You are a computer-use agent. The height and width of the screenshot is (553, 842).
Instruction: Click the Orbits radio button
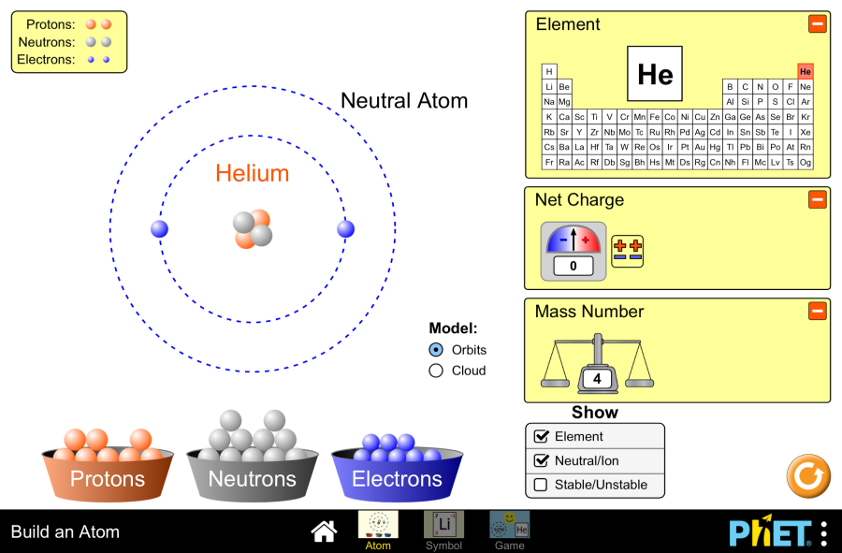click(436, 350)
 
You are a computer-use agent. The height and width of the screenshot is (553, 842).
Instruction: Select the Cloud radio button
click(436, 371)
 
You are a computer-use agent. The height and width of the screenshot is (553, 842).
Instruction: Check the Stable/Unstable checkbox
click(541, 485)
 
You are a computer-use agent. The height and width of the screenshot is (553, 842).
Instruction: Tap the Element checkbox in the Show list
click(541, 436)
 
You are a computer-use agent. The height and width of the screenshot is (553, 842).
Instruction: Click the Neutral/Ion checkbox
click(541, 460)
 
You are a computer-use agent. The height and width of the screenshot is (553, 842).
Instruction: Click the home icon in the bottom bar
click(324, 531)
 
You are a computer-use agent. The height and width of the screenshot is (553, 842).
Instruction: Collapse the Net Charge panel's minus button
click(818, 199)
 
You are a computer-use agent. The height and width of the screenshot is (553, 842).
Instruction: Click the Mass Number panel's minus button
click(818, 311)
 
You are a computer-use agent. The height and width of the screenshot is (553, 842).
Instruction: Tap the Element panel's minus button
click(818, 23)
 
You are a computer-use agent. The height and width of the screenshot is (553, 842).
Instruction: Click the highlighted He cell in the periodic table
click(806, 72)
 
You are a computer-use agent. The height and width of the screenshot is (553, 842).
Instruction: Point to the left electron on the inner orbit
click(159, 228)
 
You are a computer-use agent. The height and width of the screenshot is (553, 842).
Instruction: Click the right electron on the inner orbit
click(346, 228)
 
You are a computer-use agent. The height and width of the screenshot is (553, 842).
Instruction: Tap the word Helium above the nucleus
click(252, 173)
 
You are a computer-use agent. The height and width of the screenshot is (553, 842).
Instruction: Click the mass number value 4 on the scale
click(596, 379)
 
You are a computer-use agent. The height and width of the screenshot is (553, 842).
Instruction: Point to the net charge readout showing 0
click(573, 267)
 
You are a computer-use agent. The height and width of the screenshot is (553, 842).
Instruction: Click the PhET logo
click(769, 531)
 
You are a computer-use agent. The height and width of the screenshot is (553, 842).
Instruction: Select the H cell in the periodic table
click(549, 72)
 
